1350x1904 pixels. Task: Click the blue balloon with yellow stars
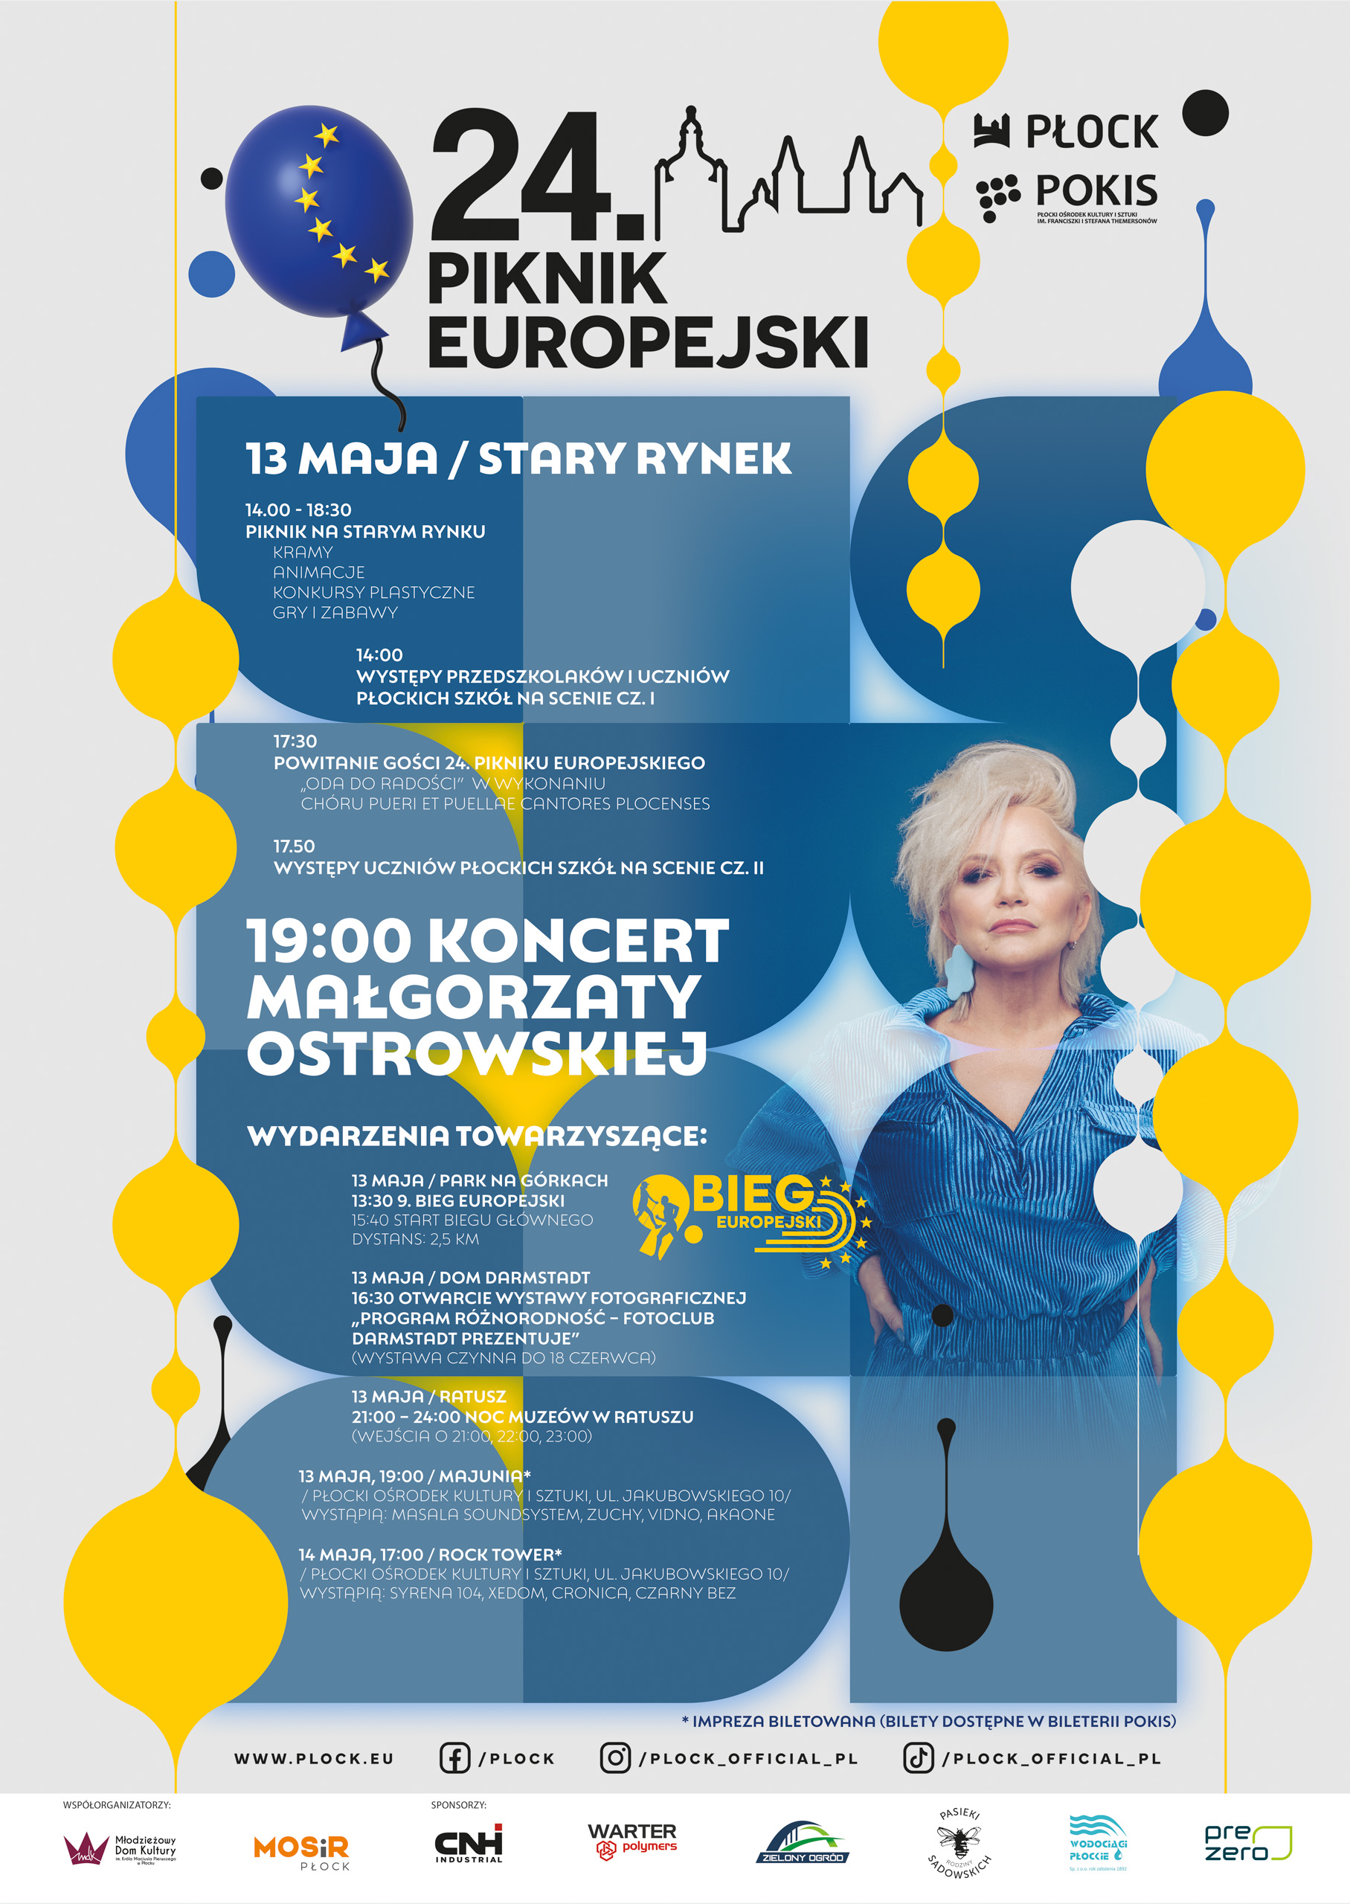pos(318,211)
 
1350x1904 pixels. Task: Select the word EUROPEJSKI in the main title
pos(648,341)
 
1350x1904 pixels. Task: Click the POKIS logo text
pos(1095,191)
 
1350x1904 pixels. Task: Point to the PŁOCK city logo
pos(1067,132)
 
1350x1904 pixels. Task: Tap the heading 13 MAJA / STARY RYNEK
pos(518,459)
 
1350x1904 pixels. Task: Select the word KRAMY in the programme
pos(303,553)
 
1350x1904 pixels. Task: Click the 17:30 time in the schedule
pos(295,742)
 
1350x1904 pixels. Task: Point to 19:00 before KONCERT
pos(330,941)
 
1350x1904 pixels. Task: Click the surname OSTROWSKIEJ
pos(476,1054)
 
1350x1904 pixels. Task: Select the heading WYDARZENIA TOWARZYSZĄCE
pos(476,1136)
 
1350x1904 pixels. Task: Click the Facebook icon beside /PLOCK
pos(454,1757)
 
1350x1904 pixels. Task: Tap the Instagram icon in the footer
pos(615,1757)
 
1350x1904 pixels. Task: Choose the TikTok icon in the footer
pos(918,1757)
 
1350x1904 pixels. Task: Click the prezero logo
pos(1247,1843)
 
